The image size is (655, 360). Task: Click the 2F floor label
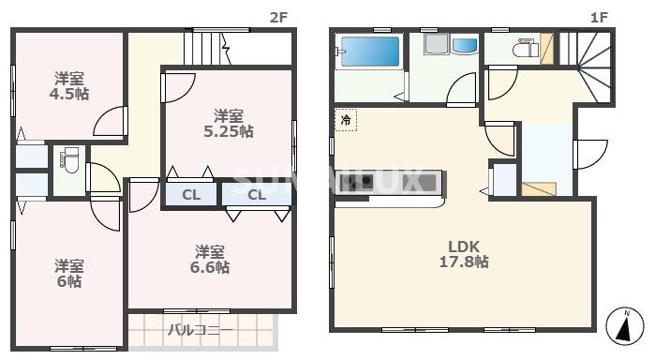277,17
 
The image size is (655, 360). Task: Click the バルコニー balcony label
201,330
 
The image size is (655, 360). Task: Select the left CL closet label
190,195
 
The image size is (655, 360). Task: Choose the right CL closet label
257,195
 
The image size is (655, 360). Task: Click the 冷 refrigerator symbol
346,121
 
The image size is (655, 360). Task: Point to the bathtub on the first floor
368,52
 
